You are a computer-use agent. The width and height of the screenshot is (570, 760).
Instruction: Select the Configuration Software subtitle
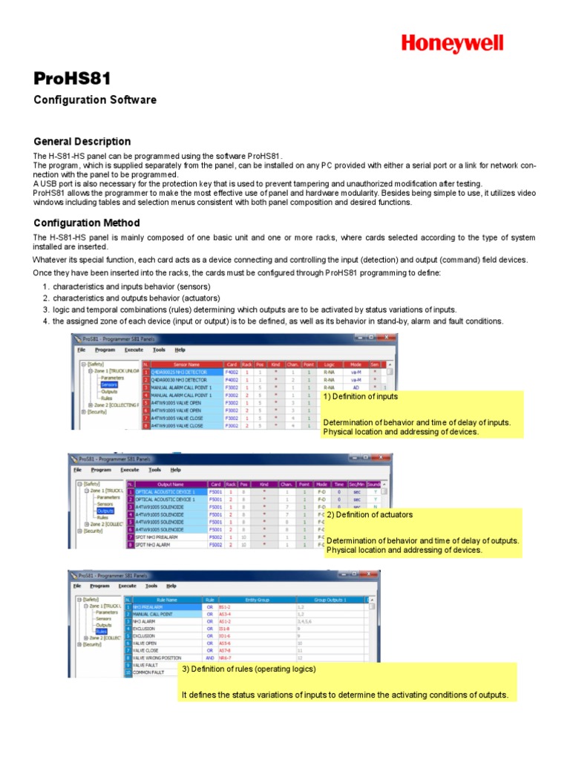(x=95, y=100)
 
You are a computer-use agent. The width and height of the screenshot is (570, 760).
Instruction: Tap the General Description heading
(x=82, y=141)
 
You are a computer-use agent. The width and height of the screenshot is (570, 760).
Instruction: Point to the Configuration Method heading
(x=87, y=223)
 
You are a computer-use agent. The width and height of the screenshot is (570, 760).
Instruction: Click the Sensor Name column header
(x=186, y=364)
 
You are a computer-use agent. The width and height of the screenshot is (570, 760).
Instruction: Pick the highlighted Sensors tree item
(x=108, y=384)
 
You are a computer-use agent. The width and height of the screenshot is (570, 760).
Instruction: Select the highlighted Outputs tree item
(x=105, y=511)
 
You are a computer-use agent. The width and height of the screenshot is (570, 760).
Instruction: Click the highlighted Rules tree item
(x=101, y=632)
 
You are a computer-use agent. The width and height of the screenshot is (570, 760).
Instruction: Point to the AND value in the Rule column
(x=210, y=658)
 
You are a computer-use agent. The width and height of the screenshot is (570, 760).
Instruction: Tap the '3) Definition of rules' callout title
(x=249, y=669)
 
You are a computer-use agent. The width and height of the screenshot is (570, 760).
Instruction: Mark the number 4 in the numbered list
(x=45, y=321)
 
